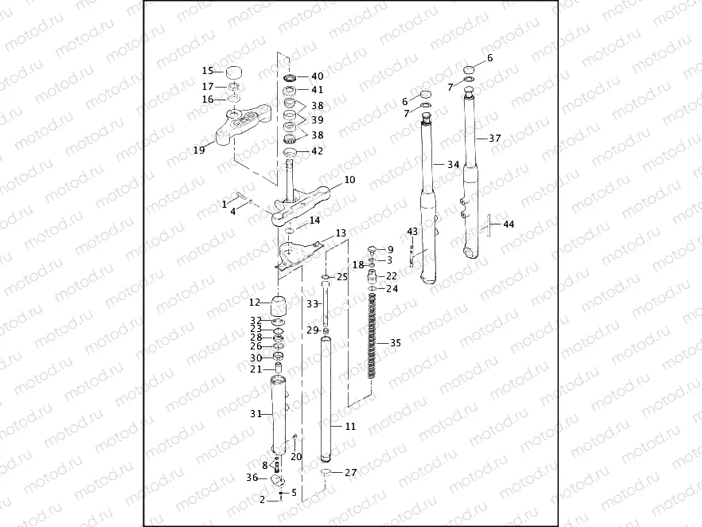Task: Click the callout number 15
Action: (x=208, y=71)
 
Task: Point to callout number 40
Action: (x=318, y=76)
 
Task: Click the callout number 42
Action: (x=318, y=150)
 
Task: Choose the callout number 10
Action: (x=349, y=180)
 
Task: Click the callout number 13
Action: (x=341, y=233)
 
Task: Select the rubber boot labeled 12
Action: (x=279, y=306)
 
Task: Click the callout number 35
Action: (x=396, y=343)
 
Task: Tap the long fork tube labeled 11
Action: (x=326, y=398)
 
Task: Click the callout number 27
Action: (x=350, y=472)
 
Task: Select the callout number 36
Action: (x=252, y=478)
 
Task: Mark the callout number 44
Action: (x=509, y=224)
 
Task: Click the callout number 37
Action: (x=494, y=139)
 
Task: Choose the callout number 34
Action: (x=453, y=165)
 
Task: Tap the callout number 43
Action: (x=412, y=232)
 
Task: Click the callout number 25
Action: (x=342, y=277)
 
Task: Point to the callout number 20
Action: (x=296, y=457)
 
